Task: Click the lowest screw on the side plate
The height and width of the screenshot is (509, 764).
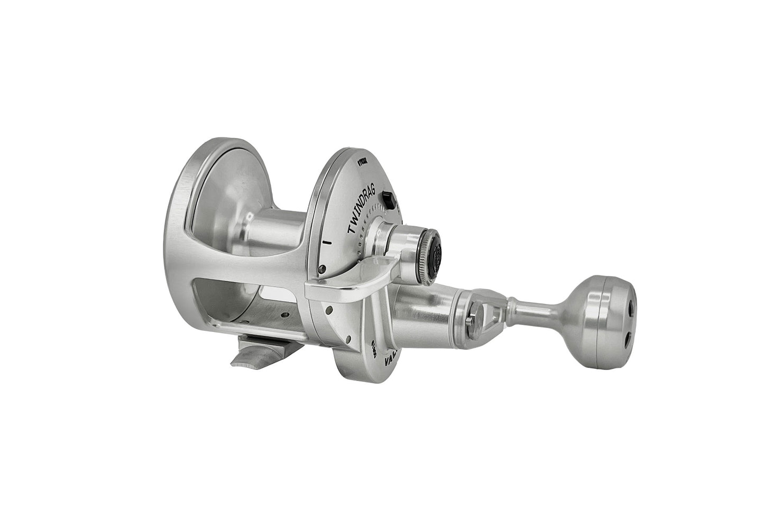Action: (x=349, y=339)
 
